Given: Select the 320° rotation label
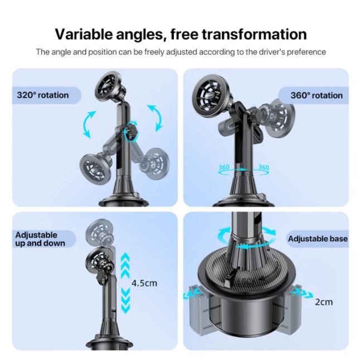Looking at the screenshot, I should pos(41,95).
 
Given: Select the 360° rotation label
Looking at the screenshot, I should pos(316,95).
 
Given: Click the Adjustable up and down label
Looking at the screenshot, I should pos(40,239).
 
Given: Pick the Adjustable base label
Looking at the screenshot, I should pos(317,239).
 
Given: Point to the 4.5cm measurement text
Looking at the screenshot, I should pos(144,283).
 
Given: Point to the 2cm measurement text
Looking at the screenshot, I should pos(323,302).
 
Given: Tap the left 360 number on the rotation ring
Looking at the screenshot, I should pos(224,167).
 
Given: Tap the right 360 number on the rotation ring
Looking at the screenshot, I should pos(264,167).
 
